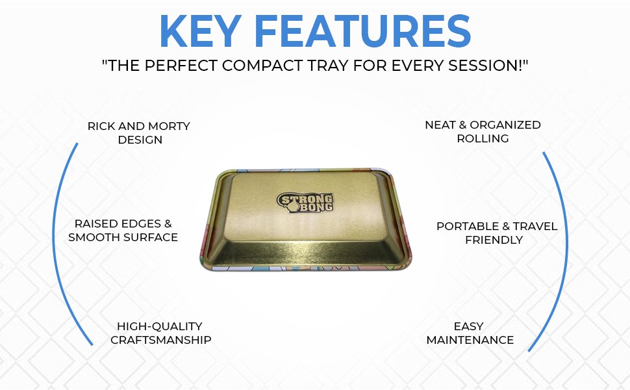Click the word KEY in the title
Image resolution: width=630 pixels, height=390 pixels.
(x=200, y=31)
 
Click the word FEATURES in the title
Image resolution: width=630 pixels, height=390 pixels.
(x=362, y=31)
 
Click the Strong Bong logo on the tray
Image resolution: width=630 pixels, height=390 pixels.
(x=305, y=202)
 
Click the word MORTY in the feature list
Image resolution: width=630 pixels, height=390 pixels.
(x=169, y=126)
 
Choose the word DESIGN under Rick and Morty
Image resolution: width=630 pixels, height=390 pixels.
(x=140, y=140)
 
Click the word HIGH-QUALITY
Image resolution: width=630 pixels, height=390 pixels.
(x=160, y=326)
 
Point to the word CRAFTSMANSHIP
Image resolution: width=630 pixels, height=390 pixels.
(x=160, y=340)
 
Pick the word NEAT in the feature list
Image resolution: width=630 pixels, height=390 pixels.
(x=440, y=125)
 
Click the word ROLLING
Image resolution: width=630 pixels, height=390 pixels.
(x=483, y=138)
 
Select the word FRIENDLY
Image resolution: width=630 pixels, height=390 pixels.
(x=494, y=240)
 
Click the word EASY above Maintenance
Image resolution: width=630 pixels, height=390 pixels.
(x=468, y=326)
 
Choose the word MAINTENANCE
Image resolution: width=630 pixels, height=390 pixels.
(x=470, y=340)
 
